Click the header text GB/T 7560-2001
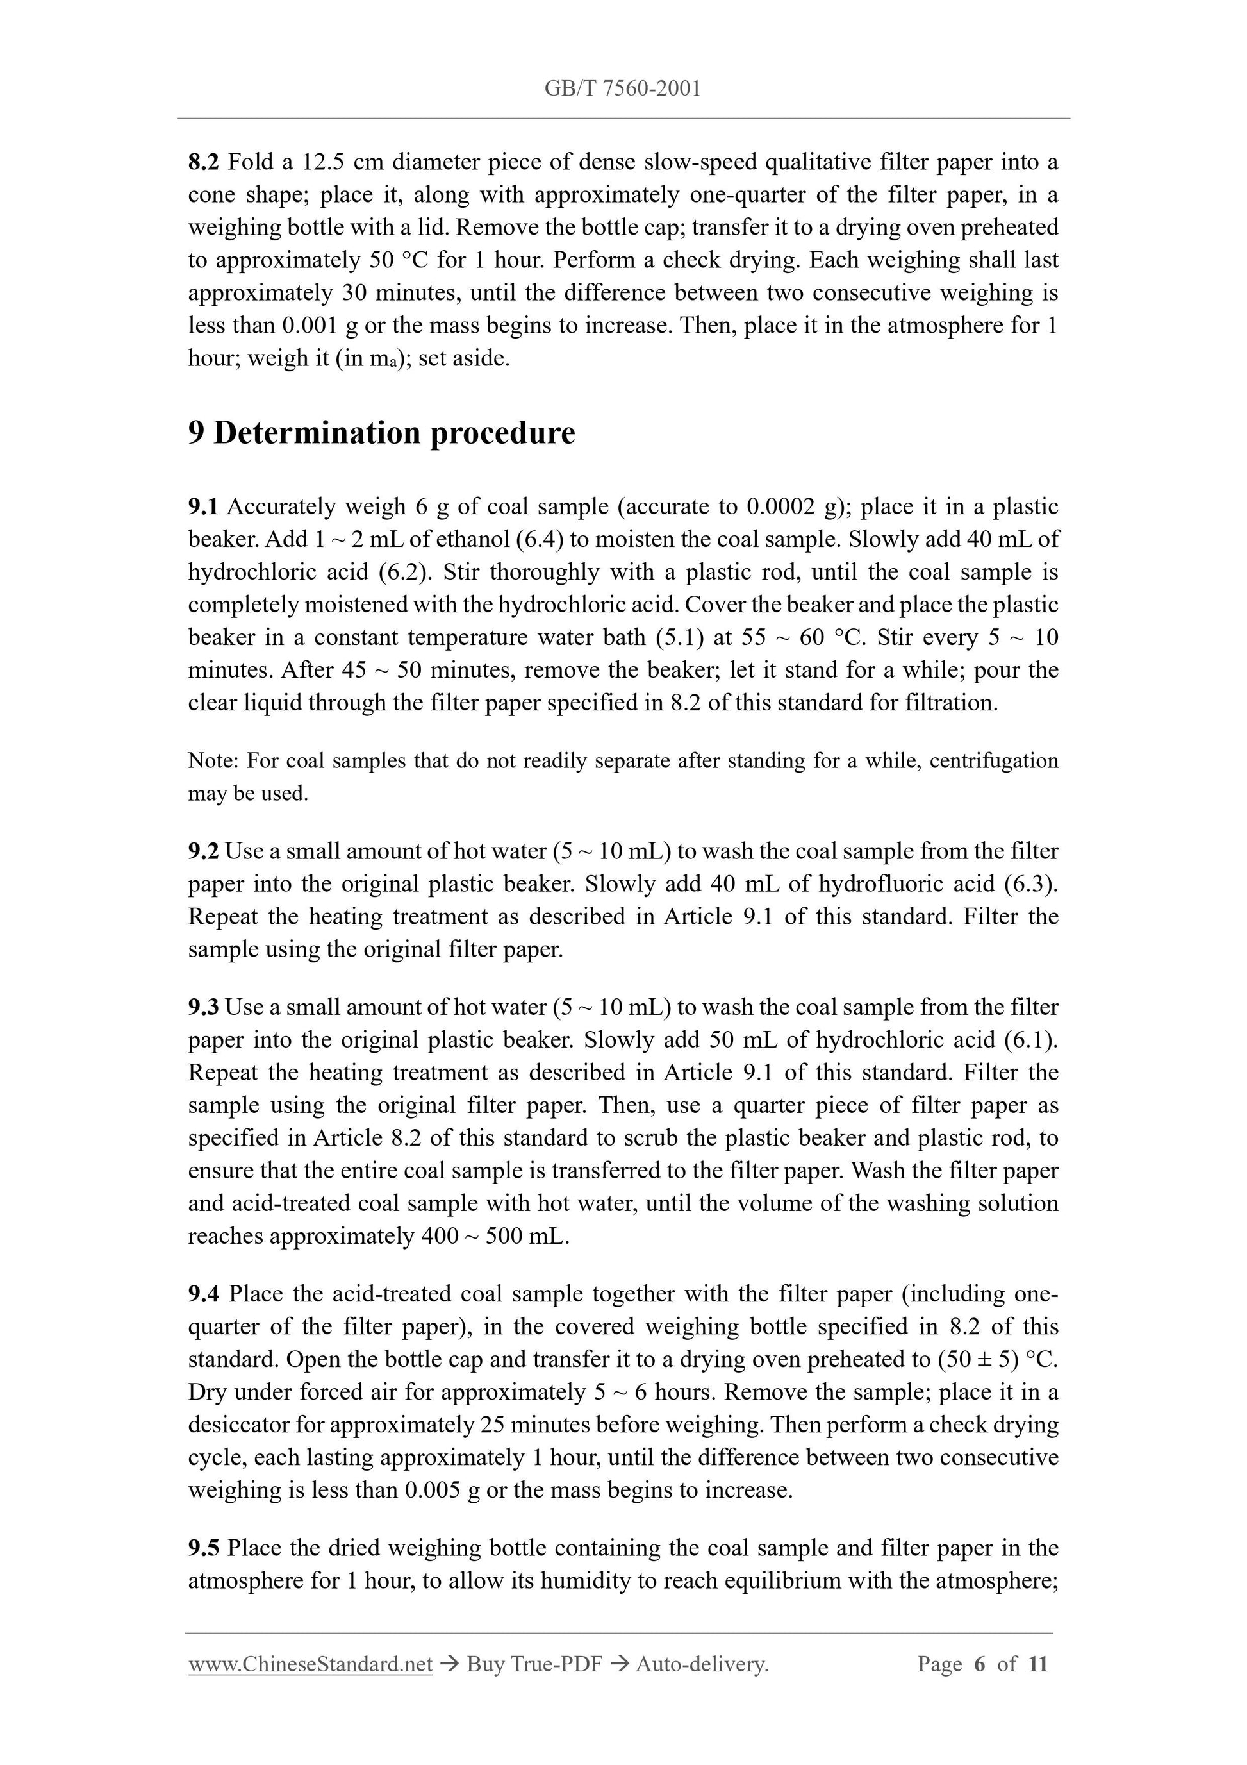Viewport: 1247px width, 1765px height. tap(622, 89)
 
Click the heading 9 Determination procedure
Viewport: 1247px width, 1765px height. tap(381, 433)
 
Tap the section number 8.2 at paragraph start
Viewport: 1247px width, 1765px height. tap(204, 162)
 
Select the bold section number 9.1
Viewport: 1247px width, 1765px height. tap(204, 506)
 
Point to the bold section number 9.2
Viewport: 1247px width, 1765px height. tap(204, 851)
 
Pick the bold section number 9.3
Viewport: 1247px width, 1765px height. tap(204, 1007)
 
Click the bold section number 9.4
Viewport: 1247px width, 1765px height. tap(204, 1294)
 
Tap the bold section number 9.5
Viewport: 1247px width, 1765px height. tap(204, 1548)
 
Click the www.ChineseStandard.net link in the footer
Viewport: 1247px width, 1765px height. tap(310, 1664)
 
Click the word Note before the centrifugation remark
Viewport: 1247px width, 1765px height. tap(213, 761)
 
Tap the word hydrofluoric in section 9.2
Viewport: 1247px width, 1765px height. tap(880, 884)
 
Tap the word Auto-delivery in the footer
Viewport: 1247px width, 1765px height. tap(702, 1664)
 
